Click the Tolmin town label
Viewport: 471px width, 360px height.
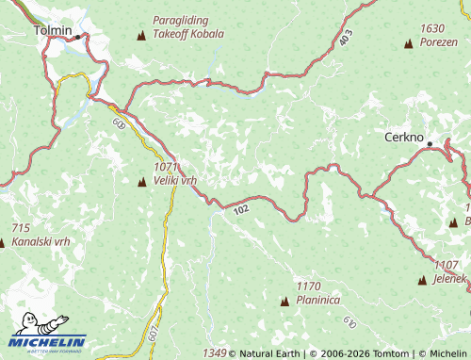[x=53, y=30]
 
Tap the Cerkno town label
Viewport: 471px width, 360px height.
[x=406, y=137]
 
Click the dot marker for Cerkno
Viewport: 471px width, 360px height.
[x=430, y=144]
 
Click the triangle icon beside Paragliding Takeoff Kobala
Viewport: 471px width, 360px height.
[x=142, y=36]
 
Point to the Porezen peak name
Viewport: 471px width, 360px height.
[x=438, y=41]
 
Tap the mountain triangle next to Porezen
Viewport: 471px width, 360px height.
[x=408, y=43]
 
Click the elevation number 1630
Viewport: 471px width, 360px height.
[x=433, y=29]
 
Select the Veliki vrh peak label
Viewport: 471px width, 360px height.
[x=175, y=179]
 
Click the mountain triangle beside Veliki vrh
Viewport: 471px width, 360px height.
[x=142, y=181]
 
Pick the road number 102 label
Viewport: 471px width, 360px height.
[x=240, y=209]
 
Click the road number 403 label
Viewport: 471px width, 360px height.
[x=346, y=39]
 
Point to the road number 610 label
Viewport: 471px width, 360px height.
[x=349, y=323]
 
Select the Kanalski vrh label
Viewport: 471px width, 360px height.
[x=41, y=241]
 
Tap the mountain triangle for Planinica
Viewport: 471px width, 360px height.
[x=284, y=301]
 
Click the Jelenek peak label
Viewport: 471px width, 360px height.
[x=450, y=279]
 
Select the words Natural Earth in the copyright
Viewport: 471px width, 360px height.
[x=268, y=353]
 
